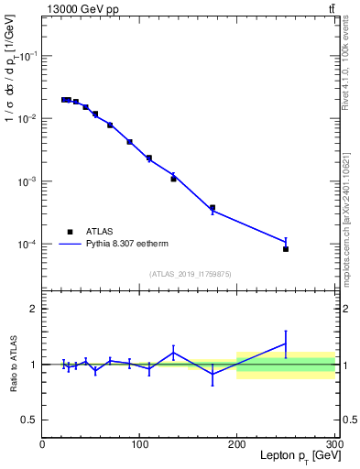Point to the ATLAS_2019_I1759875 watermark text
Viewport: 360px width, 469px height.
coord(191,273)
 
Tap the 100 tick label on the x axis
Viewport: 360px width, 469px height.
coord(139,444)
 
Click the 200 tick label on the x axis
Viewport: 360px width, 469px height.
coord(237,444)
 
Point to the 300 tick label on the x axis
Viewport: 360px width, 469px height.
coord(333,444)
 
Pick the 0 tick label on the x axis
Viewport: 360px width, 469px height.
coord(42,444)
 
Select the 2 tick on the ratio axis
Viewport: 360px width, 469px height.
coord(33,309)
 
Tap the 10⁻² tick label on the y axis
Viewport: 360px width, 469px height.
coord(27,118)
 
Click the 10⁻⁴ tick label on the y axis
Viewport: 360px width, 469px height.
coord(27,245)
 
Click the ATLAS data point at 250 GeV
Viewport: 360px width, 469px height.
coord(286,249)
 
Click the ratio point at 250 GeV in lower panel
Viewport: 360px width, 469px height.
coord(286,344)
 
